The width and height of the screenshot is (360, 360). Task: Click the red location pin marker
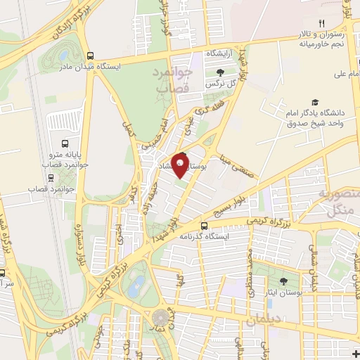pos(181,165)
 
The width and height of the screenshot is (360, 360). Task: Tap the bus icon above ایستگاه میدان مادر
pos(89,56)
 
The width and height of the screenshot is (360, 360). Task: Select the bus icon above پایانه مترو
pos(65,140)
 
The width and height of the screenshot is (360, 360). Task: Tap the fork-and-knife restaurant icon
pos(323,22)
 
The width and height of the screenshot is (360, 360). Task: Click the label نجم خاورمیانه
pos(323,44)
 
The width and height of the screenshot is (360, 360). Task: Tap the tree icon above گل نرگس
pos(220,71)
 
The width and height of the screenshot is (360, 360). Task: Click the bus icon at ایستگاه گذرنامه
pos(204,226)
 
